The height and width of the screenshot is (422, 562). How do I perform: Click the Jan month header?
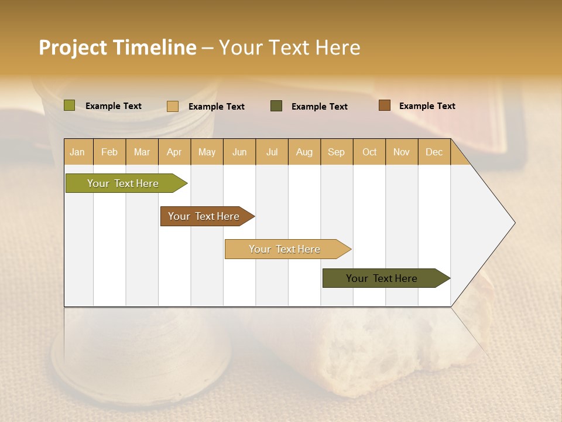pyautogui.click(x=77, y=152)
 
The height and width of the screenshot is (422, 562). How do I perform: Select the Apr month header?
pyautogui.click(x=174, y=152)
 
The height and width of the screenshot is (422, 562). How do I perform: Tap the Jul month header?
pyautogui.click(x=272, y=152)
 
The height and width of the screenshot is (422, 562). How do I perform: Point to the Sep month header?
pyautogui.click(x=336, y=152)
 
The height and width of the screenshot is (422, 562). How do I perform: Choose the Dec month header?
pyautogui.click(x=434, y=152)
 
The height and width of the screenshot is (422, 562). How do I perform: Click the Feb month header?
pyautogui.click(x=109, y=152)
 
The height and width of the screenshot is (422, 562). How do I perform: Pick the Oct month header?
pyautogui.click(x=369, y=152)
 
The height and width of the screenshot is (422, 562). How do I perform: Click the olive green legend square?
pyautogui.click(x=70, y=105)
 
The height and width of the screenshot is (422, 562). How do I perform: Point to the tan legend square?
pyautogui.click(x=173, y=106)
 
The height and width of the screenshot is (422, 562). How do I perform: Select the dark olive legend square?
pyautogui.click(x=276, y=106)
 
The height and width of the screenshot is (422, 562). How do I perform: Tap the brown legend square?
pyautogui.click(x=384, y=105)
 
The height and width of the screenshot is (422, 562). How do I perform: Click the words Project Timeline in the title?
pyautogui.click(x=117, y=47)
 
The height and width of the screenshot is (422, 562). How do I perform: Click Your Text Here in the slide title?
pyautogui.click(x=289, y=47)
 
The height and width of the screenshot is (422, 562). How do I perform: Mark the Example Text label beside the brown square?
pyautogui.click(x=427, y=106)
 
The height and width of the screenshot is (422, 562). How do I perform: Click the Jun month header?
pyautogui.click(x=239, y=152)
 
